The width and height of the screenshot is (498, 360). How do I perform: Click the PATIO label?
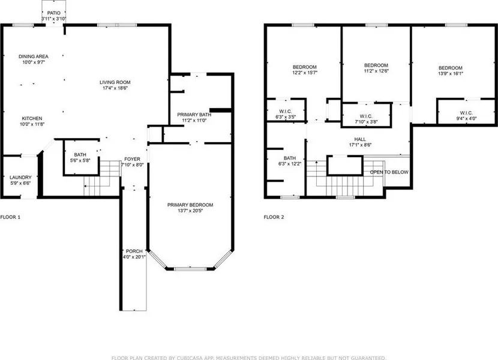pos(53,13)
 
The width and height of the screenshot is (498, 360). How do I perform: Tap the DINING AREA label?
pos(34,56)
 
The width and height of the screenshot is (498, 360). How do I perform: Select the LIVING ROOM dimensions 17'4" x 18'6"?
pos(115,88)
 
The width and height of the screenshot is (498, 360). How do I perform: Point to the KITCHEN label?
pos(32,119)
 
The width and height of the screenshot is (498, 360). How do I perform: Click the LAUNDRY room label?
pos(20,177)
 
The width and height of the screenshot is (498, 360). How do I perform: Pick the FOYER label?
pos(132,159)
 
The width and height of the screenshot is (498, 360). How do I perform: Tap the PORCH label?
pos(134,251)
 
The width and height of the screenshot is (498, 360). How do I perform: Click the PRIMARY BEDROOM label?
pos(190,205)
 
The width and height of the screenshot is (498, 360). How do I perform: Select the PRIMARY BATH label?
pos(194,115)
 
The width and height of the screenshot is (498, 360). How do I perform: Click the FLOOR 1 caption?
pos(10,217)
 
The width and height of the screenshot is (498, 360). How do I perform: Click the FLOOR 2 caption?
pos(274,217)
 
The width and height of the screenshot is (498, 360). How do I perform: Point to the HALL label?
pos(360,139)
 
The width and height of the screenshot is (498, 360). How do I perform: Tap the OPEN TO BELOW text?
pos(389,172)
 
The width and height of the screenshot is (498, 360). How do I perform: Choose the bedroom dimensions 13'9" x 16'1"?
pos(451,74)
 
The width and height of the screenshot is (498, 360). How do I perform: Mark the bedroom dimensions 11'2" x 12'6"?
pos(376,71)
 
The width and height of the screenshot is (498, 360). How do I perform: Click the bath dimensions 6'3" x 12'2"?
pos(290,164)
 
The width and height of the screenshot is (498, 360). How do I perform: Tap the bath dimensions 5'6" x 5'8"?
pos(80,161)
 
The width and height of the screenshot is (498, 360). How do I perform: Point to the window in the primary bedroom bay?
pos(190,269)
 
